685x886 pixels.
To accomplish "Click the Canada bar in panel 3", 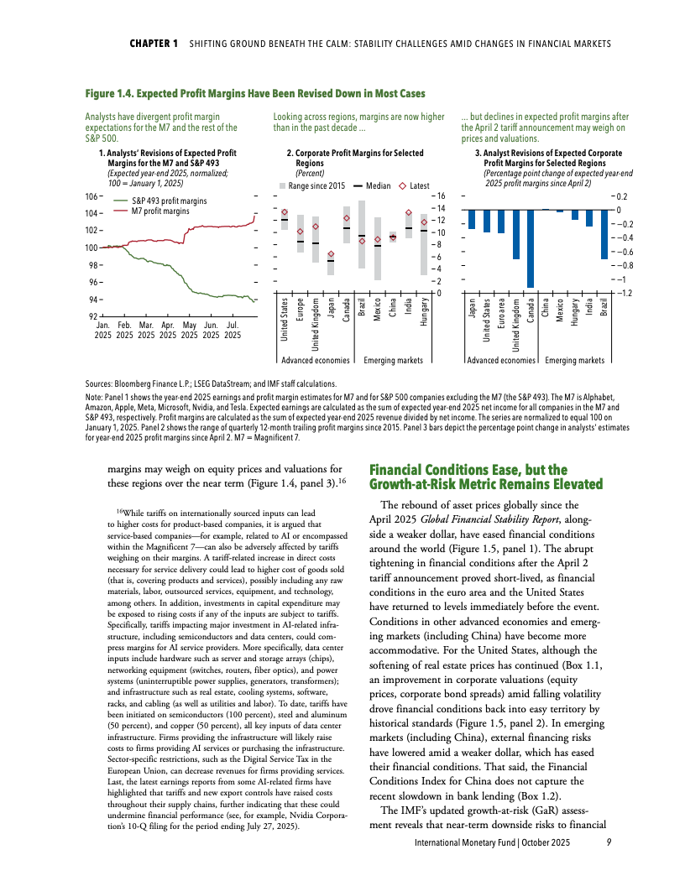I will coord(531,248).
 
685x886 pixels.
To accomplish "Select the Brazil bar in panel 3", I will coord(604,233).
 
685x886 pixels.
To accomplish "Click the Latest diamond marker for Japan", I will coord(331,254).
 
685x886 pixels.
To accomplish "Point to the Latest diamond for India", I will coord(408,213).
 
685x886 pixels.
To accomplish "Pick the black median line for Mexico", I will coord(377,246).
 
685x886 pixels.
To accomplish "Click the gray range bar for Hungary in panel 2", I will coord(424,241).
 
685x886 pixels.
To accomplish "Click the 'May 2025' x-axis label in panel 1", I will coord(190,329).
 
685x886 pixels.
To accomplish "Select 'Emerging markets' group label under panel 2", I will coord(393,360).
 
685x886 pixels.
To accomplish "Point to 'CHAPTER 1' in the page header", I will coord(154,43).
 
